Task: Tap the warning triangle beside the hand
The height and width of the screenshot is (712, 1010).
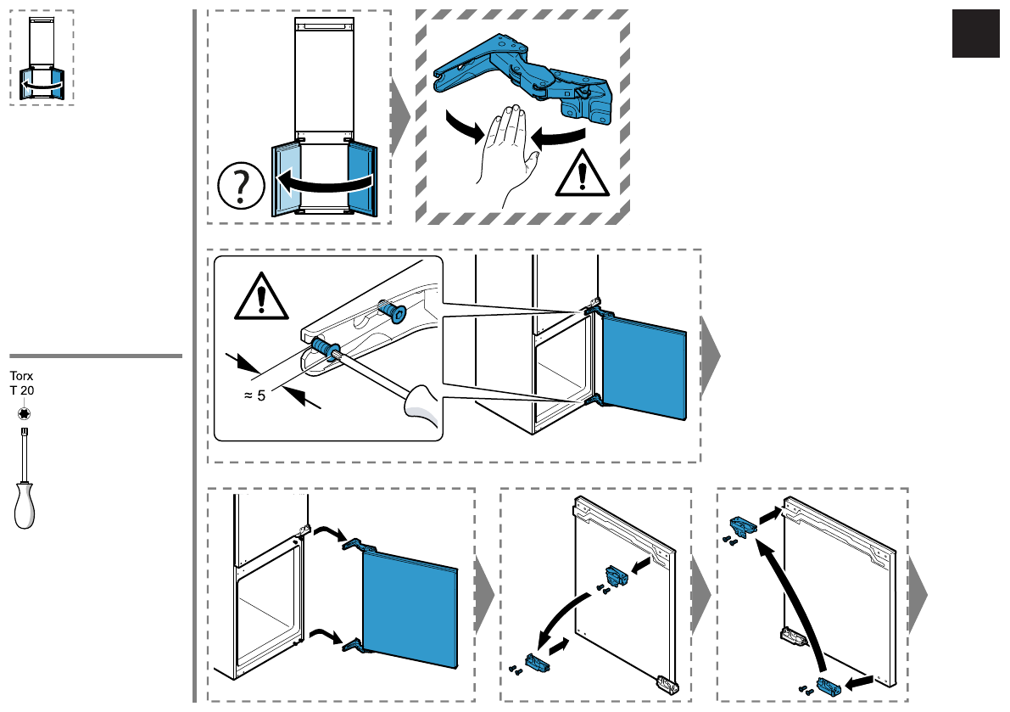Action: coord(582,173)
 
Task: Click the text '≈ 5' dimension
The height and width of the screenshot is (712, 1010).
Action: coord(254,395)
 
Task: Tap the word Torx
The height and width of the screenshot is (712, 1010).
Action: coord(21,375)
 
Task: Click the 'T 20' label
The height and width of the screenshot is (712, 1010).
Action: coord(22,390)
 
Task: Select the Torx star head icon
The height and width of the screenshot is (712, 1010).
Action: coord(23,413)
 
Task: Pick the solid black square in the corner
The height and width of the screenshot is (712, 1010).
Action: coord(975,34)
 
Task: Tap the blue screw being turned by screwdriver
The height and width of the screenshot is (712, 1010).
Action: coord(323,349)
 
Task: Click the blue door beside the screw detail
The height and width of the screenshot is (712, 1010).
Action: coord(643,366)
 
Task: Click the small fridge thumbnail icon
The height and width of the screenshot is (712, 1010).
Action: coord(42,58)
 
